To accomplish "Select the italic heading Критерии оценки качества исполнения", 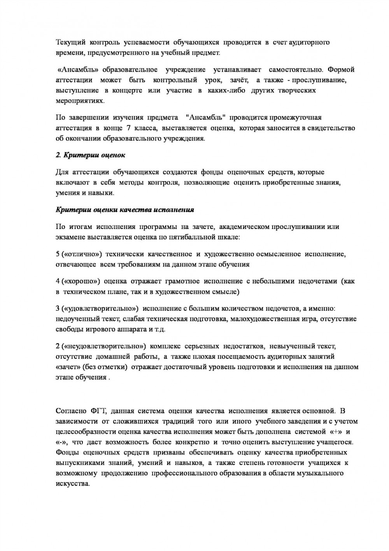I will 125,210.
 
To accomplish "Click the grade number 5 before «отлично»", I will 58,254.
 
